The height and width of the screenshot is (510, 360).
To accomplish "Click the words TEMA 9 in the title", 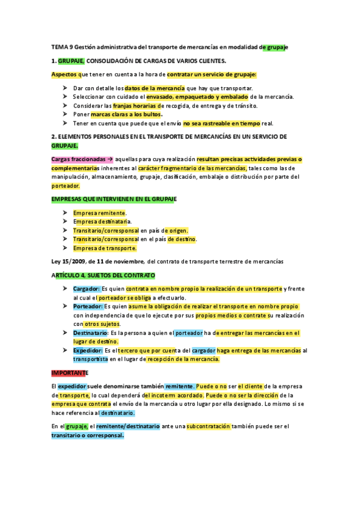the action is [62, 47].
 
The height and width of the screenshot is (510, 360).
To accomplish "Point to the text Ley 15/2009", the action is [69, 261].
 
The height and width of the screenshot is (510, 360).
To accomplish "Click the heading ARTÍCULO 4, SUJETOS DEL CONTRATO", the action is [103, 275].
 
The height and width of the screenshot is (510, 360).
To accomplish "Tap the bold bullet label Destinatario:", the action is [91, 333].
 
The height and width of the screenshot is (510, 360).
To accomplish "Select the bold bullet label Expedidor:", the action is [91, 350].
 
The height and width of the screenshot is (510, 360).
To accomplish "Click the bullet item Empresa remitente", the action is [100, 213].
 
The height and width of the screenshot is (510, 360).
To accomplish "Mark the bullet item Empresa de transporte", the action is [105, 248].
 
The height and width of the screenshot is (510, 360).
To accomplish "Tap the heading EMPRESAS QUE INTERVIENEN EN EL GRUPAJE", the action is [113, 199].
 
